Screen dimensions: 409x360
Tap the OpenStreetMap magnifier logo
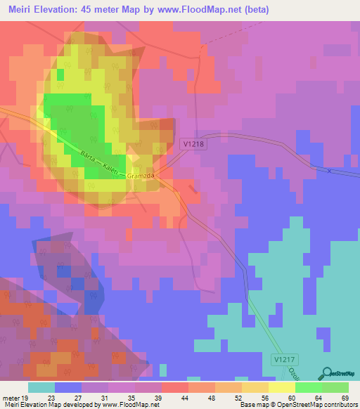pos(326,372)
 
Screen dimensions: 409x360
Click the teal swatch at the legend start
pos(41,387)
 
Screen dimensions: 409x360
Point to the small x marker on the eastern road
pos(328,171)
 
